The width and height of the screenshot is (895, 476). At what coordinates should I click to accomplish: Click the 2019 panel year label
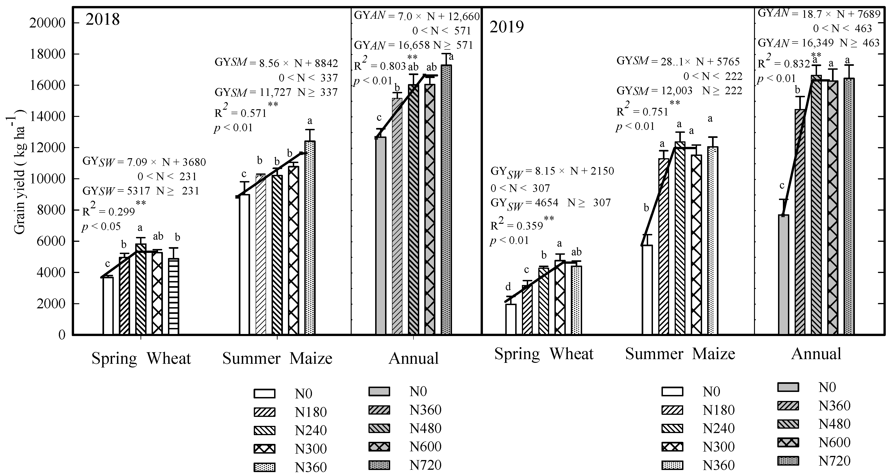[506, 27]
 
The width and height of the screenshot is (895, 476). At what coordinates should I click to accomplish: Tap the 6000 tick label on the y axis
[51, 241]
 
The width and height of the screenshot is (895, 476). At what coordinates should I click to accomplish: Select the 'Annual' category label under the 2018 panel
[413, 358]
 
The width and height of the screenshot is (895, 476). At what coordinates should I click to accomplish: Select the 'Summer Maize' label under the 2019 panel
[680, 354]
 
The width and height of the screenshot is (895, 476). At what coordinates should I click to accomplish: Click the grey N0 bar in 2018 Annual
[381, 236]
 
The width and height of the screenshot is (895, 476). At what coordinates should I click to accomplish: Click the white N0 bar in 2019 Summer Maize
[647, 290]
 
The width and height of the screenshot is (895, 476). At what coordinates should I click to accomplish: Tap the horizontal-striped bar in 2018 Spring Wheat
[174, 297]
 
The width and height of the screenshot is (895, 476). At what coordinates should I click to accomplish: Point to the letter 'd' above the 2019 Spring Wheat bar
[508, 287]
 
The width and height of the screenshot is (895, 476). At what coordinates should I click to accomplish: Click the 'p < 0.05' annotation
[102, 227]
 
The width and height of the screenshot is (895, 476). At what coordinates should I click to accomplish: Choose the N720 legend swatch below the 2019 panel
[788, 461]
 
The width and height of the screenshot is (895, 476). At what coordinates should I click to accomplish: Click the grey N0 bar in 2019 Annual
[784, 275]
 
